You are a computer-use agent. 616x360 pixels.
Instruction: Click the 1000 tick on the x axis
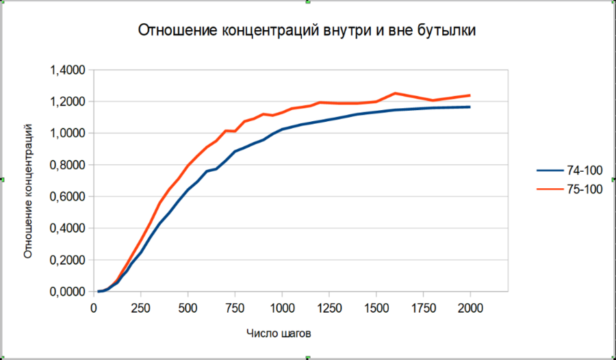click(283, 307)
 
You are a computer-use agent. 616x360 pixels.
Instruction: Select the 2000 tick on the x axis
click(471, 307)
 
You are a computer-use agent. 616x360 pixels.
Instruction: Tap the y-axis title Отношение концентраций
click(29, 190)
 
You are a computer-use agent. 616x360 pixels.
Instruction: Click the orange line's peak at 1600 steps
click(395, 93)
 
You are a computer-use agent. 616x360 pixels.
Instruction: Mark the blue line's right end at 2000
click(470, 107)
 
